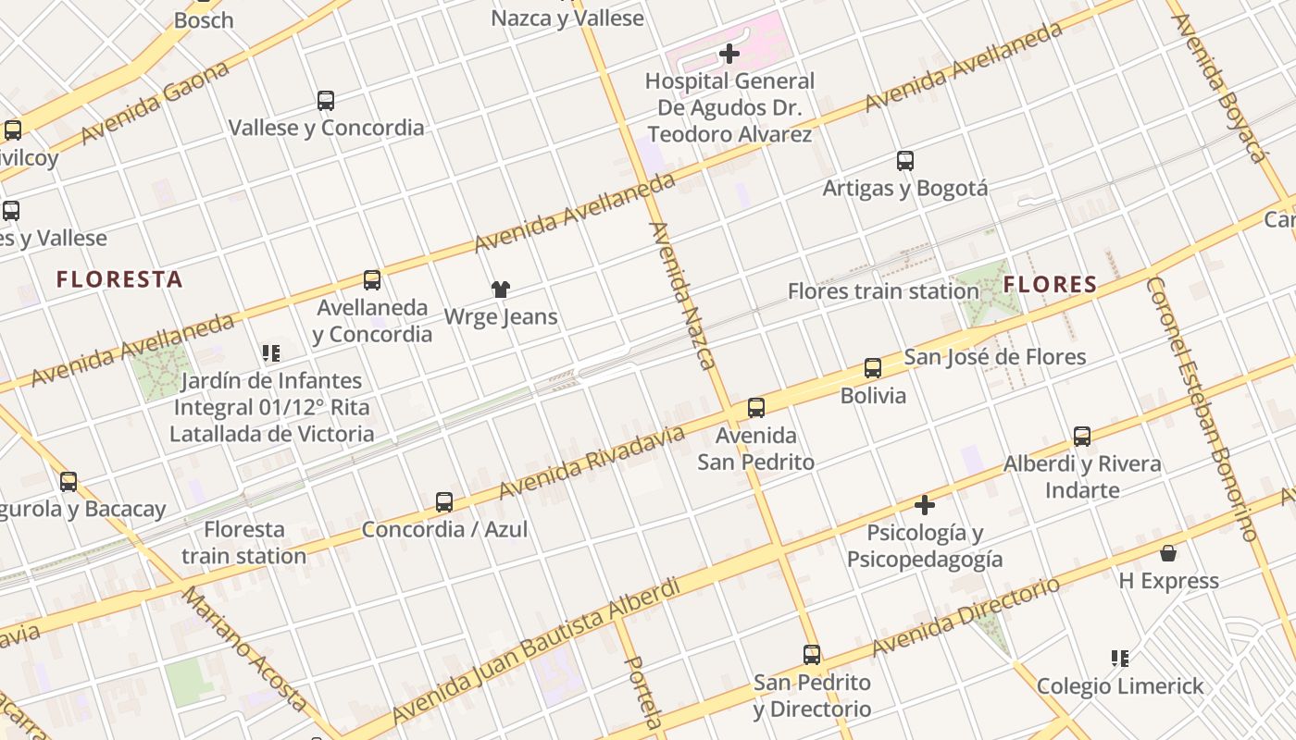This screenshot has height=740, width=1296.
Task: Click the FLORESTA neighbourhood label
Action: [x=119, y=279]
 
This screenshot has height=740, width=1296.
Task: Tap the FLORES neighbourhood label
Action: [x=1050, y=284]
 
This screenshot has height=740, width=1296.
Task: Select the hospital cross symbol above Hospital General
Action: [x=729, y=54]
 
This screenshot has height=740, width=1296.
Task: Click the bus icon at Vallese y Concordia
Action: [x=326, y=101]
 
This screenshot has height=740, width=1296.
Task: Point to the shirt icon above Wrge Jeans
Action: [x=501, y=290]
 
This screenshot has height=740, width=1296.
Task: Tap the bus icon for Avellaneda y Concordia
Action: [x=372, y=280]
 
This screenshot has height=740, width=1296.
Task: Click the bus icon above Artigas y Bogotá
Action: [x=905, y=162]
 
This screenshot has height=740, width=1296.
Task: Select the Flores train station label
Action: [x=882, y=291]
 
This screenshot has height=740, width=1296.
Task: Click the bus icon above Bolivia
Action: [x=873, y=368]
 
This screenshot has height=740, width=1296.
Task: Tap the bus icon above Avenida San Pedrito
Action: [x=756, y=408]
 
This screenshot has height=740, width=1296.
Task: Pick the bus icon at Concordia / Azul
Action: [x=444, y=502]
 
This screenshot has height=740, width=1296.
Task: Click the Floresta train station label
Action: [x=243, y=543]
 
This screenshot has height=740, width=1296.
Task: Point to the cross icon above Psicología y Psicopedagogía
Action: [x=924, y=505]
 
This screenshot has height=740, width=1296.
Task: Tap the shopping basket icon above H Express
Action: [x=1168, y=553]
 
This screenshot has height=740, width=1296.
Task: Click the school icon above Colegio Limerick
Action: [x=1120, y=659]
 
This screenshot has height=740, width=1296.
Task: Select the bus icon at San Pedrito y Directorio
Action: [x=812, y=655]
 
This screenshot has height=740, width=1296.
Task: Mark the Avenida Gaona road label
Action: [x=155, y=104]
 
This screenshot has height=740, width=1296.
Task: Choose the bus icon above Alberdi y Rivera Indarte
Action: [x=1082, y=437]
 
